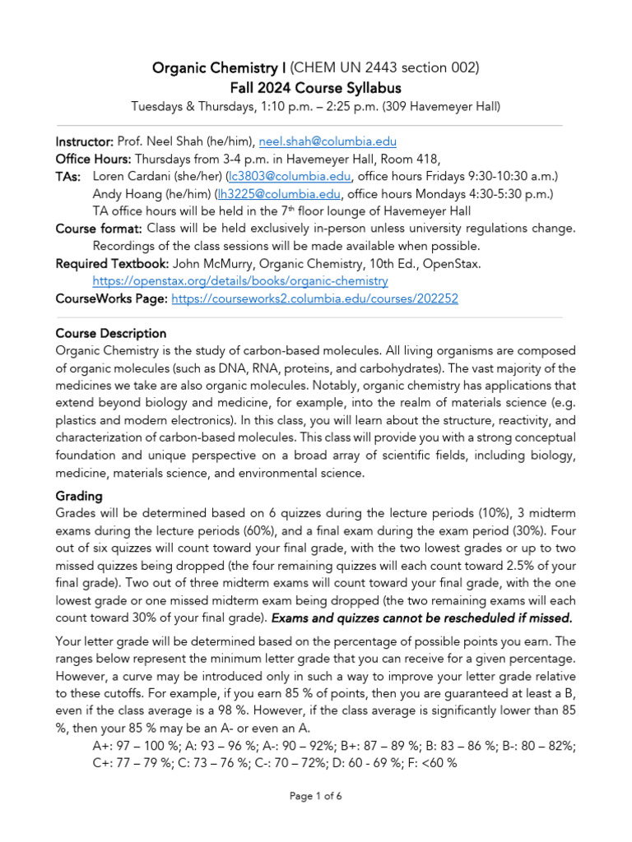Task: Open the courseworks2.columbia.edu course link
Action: click(314, 298)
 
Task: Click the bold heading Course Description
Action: click(110, 333)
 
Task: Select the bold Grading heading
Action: click(79, 497)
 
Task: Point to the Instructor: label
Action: click(85, 141)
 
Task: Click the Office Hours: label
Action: click(93, 159)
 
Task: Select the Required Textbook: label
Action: click(112, 263)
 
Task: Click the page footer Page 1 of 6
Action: click(316, 796)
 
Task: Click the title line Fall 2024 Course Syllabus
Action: click(315, 87)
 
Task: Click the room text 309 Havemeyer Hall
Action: click(439, 106)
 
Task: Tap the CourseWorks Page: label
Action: click(111, 298)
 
